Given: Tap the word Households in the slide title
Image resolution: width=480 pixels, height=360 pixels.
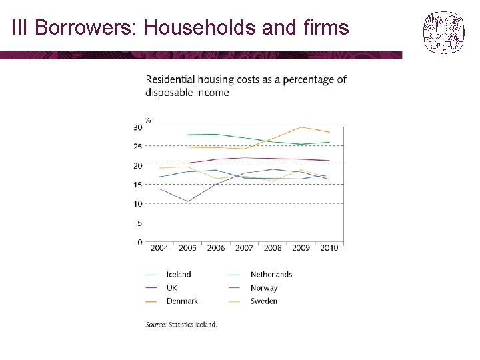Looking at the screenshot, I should (193, 28).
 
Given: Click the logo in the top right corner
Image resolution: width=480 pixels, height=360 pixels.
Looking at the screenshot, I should (443, 33).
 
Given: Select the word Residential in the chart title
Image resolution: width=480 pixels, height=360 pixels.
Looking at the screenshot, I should (175, 79).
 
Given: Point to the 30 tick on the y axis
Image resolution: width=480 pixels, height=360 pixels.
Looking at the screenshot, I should (138, 127).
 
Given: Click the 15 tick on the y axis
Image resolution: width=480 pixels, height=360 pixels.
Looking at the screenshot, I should (138, 185).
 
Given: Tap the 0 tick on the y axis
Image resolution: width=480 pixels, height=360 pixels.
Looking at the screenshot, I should (140, 243).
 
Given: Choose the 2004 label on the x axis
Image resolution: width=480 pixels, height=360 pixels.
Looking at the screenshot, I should (159, 248).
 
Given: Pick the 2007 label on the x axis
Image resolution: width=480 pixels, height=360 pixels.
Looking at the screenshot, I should (245, 248).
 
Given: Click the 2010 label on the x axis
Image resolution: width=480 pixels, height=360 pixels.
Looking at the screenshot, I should (329, 248).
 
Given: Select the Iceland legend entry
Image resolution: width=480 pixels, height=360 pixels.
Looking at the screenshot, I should (178, 274).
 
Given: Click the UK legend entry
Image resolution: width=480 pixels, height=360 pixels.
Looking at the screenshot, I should (172, 288).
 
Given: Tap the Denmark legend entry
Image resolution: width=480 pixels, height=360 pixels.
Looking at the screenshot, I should (181, 301).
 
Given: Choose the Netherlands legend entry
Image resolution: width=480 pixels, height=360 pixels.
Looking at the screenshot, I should (271, 274).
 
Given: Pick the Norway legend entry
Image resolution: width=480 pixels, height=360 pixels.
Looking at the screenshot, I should (264, 288).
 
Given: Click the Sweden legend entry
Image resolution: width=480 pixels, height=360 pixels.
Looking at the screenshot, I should (264, 301).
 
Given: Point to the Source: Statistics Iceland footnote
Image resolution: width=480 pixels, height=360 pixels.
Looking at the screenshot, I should (181, 325).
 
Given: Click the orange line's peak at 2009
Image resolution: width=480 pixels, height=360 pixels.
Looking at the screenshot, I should (301, 127).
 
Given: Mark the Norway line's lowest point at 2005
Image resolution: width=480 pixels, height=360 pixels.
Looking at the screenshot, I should (188, 201).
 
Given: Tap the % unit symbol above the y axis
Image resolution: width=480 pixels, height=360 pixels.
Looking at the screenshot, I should (148, 120).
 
